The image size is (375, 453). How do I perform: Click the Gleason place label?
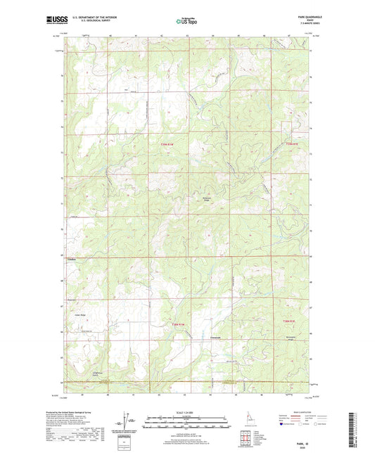click(70, 258)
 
